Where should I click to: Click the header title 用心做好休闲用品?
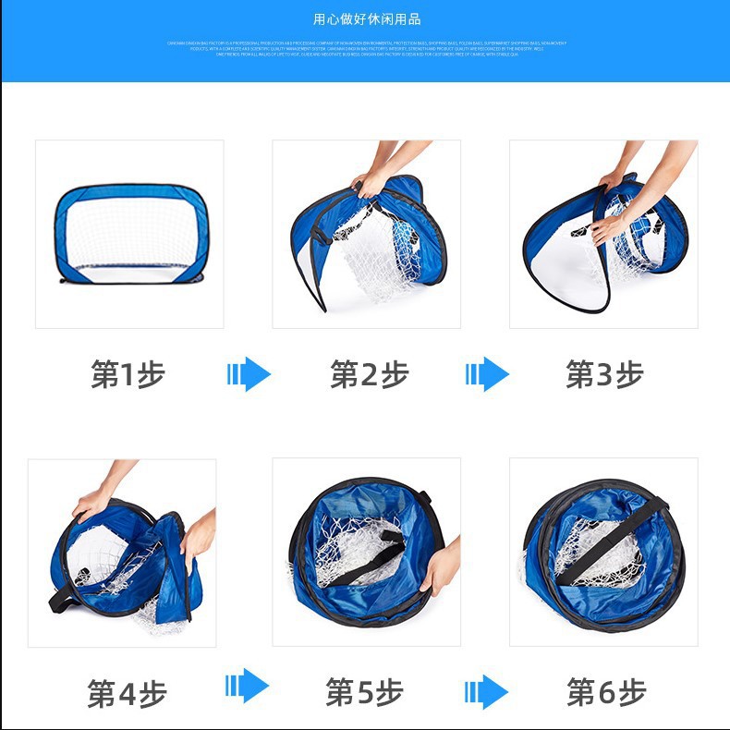pyautogui.click(x=366, y=19)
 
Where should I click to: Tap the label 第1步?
pyautogui.click(x=128, y=374)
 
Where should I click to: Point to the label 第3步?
pyautogui.click(x=604, y=374)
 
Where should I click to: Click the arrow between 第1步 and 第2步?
pyautogui.click(x=248, y=374)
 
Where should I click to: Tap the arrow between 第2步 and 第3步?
pyautogui.click(x=487, y=374)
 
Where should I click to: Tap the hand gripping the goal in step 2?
pyautogui.click(x=372, y=181)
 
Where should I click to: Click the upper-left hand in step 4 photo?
pyautogui.click(x=93, y=502)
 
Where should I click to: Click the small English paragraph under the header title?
pyautogui.click(x=366, y=48)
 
